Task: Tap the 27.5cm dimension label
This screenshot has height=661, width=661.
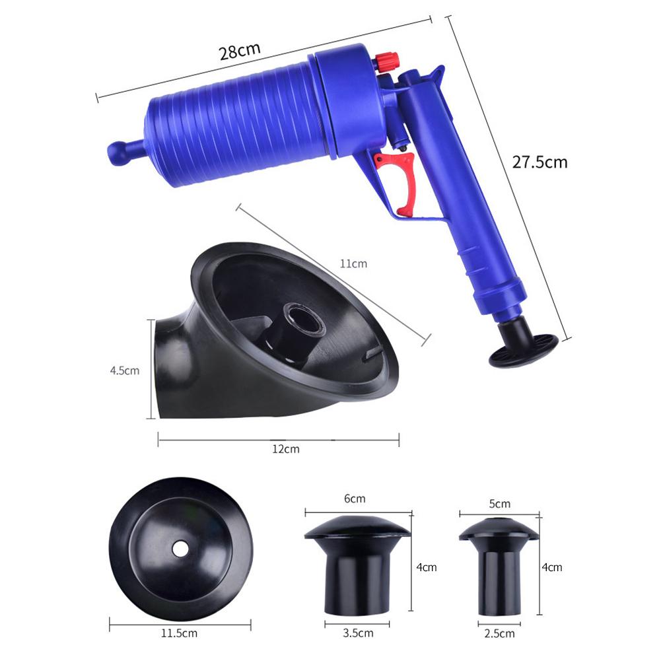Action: pyautogui.click(x=539, y=162)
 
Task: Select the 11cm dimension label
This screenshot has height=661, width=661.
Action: pyautogui.click(x=353, y=264)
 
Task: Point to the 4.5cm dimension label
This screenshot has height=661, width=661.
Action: pyautogui.click(x=124, y=370)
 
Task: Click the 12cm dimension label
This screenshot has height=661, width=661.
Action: pyautogui.click(x=286, y=449)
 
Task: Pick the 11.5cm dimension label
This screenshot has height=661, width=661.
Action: pyautogui.click(x=180, y=634)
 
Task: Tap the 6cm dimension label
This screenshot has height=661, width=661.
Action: pyautogui.click(x=354, y=499)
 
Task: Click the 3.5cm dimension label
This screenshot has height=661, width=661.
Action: pyautogui.click(x=358, y=633)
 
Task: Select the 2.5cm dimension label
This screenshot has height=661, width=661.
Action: pyautogui.click(x=499, y=634)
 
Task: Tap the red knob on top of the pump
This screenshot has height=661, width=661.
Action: pyautogui.click(x=385, y=63)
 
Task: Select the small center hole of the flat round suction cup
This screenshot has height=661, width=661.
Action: pyautogui.click(x=180, y=547)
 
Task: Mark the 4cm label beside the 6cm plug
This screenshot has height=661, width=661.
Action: pyautogui.click(x=427, y=567)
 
